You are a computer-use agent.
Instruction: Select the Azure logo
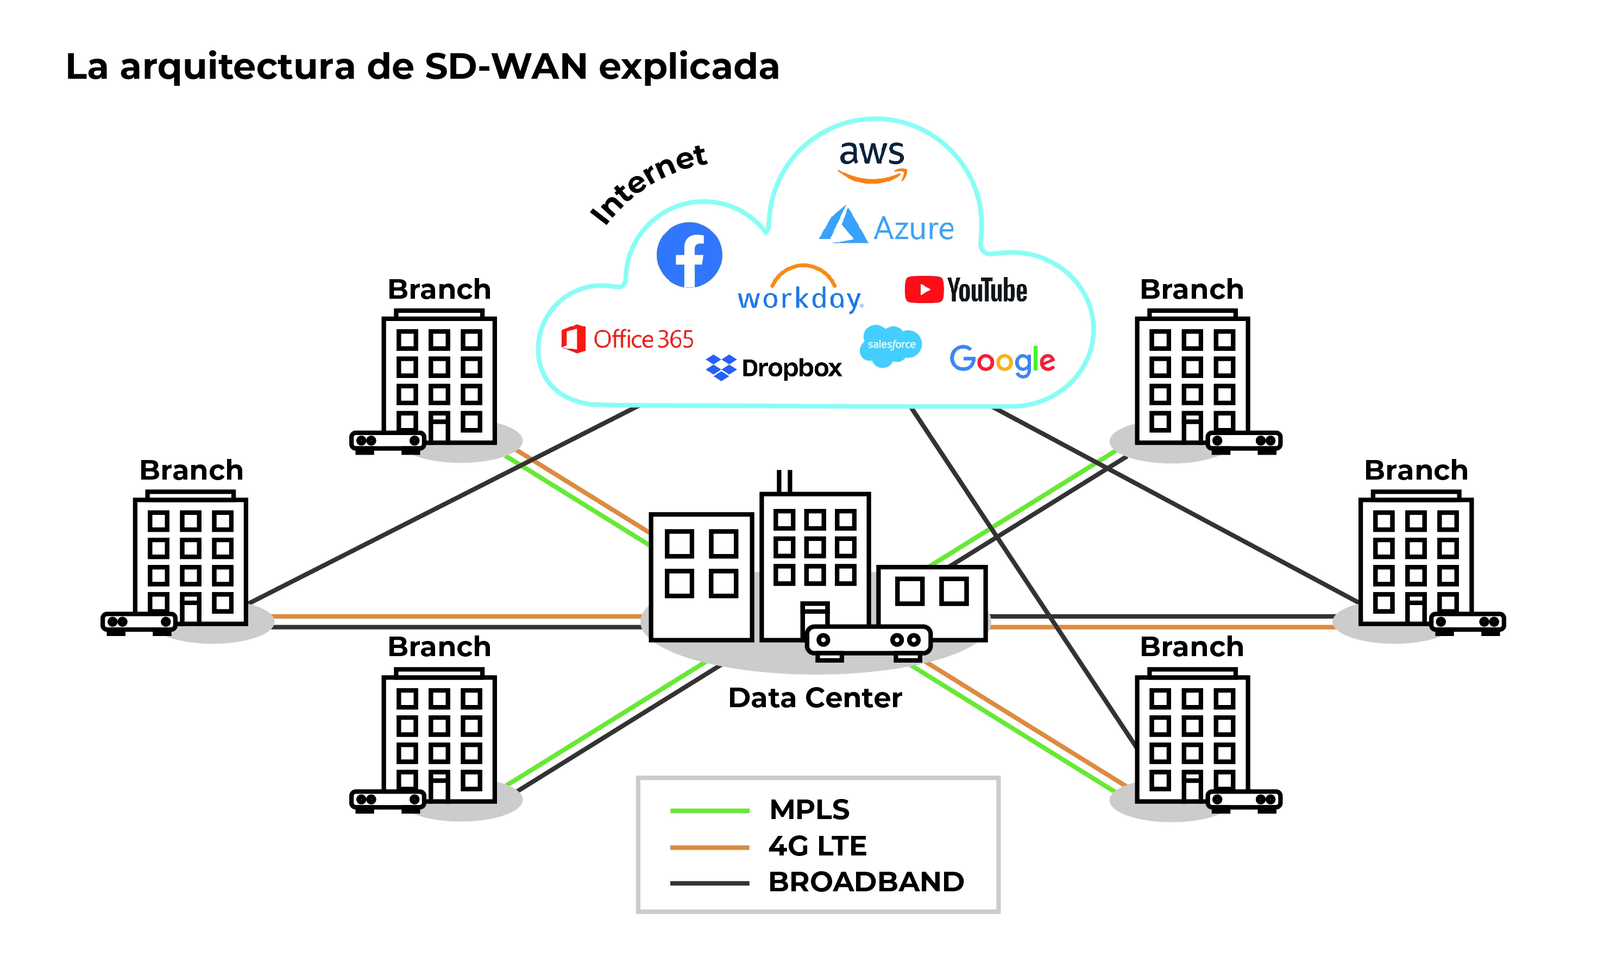click(886, 226)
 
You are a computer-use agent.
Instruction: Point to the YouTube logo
click(966, 289)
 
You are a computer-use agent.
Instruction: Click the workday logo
click(800, 290)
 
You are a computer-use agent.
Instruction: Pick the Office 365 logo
click(627, 339)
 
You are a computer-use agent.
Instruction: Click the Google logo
click(1001, 360)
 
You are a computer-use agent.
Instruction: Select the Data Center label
click(814, 697)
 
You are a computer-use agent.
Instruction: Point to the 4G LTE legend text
click(817, 846)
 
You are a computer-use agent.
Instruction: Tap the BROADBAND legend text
click(866, 881)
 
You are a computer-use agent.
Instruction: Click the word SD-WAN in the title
click(506, 66)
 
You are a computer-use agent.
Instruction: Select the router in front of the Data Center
click(868, 641)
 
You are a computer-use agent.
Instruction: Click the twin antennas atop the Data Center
click(784, 481)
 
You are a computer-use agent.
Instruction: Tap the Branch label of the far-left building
click(191, 470)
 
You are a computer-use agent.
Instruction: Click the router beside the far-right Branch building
click(1467, 622)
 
